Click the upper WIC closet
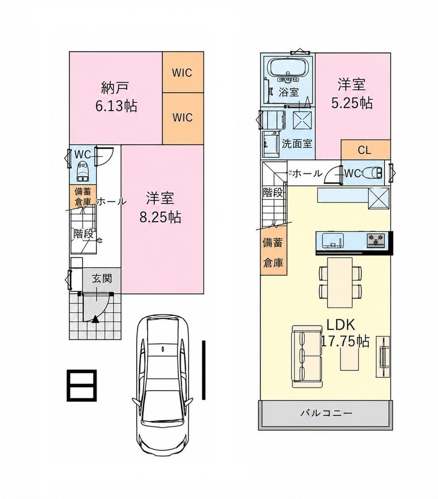click(x=183, y=72)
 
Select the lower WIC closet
click(x=183, y=118)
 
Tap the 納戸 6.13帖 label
click(x=116, y=97)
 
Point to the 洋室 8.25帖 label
click(x=160, y=208)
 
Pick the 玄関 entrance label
click(x=102, y=279)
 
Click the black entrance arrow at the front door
click(x=95, y=319)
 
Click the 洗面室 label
click(x=297, y=143)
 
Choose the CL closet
click(x=365, y=150)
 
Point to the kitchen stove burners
click(x=376, y=240)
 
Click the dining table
click(x=340, y=282)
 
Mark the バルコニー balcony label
click(x=326, y=413)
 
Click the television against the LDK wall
click(x=383, y=357)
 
